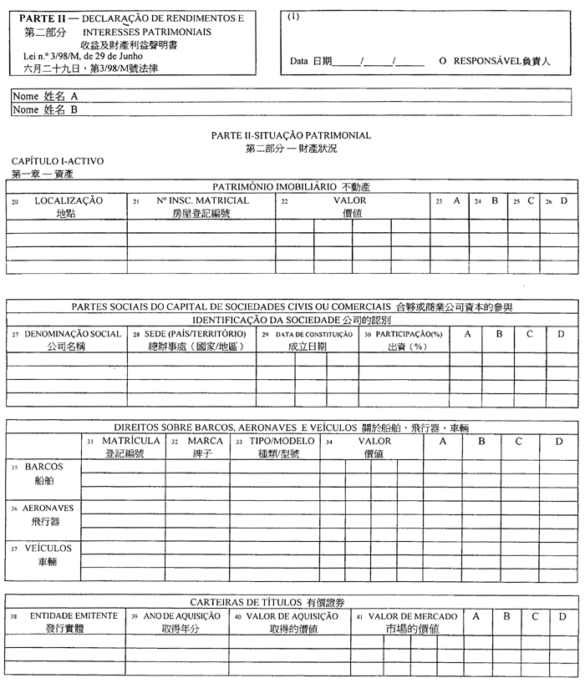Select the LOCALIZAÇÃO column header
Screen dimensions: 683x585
69,201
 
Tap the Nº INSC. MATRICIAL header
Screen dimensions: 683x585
203,201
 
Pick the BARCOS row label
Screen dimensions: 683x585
43,467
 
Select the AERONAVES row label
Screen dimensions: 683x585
48,508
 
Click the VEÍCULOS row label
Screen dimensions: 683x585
48,549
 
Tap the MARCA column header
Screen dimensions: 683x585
204,440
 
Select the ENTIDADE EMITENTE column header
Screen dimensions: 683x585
73,615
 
